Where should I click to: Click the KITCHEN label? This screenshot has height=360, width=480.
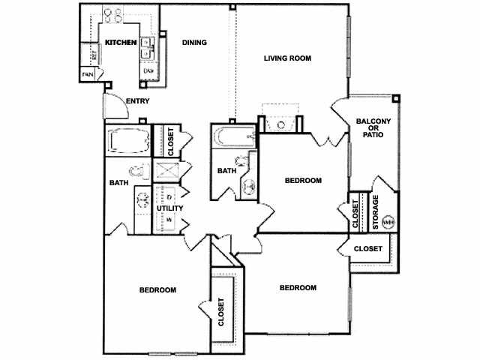tap(120, 43)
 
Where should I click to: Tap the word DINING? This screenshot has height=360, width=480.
tap(194, 43)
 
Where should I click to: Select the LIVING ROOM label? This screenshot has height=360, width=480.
tap(287, 58)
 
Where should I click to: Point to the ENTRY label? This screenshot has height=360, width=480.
tap(138, 101)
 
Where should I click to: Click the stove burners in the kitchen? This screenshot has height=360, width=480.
tap(112, 13)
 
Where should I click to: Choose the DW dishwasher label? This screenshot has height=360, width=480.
tap(148, 71)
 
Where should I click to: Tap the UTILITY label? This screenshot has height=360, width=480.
tap(169, 208)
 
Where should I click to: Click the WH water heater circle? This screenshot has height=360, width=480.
tap(388, 221)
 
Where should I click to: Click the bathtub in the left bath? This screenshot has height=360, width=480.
tap(128, 141)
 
